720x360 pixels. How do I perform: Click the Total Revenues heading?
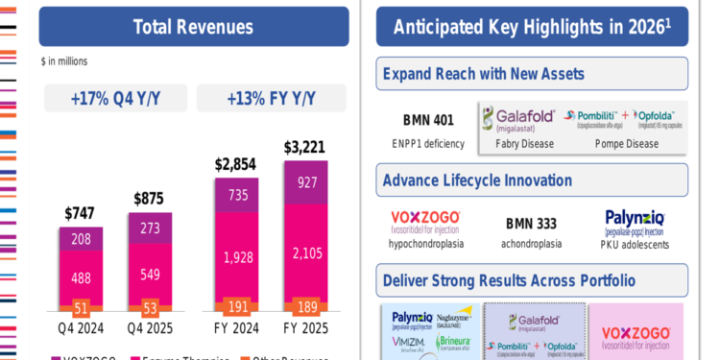pos(194,27)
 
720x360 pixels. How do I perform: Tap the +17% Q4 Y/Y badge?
pos(114,98)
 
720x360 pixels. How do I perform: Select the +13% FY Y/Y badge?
pos(273,98)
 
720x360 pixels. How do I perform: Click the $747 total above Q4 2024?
pos(82,213)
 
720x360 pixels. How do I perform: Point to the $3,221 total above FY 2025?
pos(304,148)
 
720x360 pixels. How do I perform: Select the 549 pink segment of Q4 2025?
pos(151,276)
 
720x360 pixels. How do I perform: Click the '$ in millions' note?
pos(64,61)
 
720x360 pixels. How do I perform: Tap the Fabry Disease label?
pos(525,143)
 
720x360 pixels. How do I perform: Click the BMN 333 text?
pos(531,224)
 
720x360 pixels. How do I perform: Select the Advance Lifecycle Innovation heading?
pos(477,180)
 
